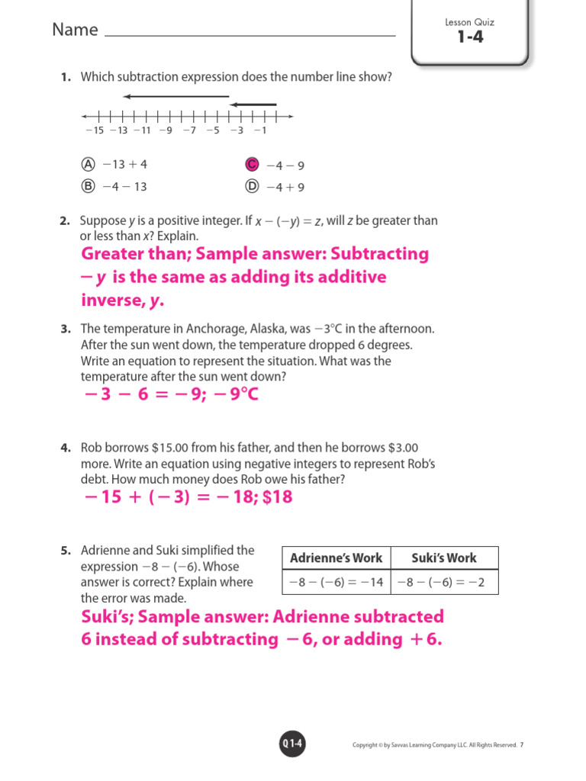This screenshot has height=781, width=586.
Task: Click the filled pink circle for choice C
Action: tap(251, 165)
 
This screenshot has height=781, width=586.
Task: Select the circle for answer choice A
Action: tap(88, 164)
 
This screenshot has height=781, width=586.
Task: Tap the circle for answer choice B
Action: tap(88, 185)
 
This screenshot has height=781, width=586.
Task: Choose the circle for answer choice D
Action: tap(251, 186)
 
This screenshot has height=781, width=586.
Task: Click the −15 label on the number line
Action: tap(94, 130)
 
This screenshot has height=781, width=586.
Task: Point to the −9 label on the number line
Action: tap(166, 130)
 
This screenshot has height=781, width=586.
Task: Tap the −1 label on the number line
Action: tap(260, 130)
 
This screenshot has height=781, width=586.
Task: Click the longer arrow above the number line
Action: tap(175, 97)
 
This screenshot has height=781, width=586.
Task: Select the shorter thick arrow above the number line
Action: tap(253, 104)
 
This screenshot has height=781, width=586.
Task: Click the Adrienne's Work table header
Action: tap(336, 558)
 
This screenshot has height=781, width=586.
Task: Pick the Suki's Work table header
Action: tap(443, 558)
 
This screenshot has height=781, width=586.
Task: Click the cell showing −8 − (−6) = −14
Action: tap(336, 583)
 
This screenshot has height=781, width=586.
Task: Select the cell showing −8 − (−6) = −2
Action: tap(443, 583)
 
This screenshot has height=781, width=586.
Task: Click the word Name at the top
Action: tap(75, 30)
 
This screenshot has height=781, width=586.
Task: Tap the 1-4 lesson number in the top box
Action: tap(470, 37)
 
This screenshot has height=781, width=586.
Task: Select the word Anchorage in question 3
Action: tap(215, 329)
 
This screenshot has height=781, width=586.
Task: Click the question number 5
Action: tap(66, 551)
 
